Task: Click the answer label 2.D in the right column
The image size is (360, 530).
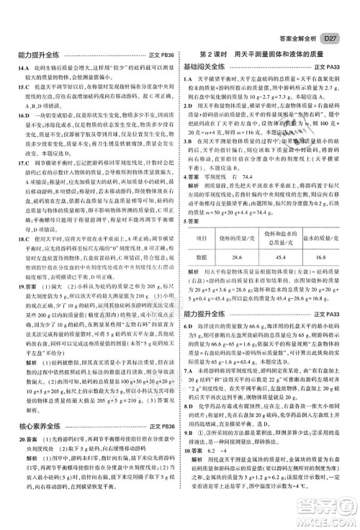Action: click(x=187, y=105)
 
